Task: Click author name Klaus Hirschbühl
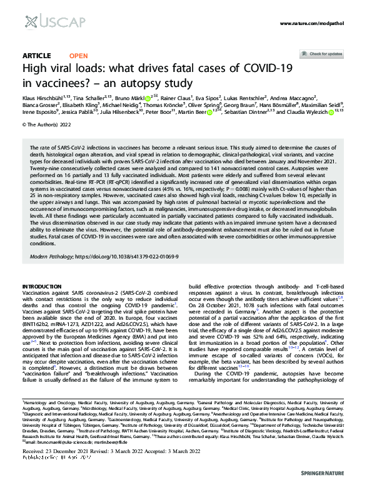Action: [46, 98]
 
